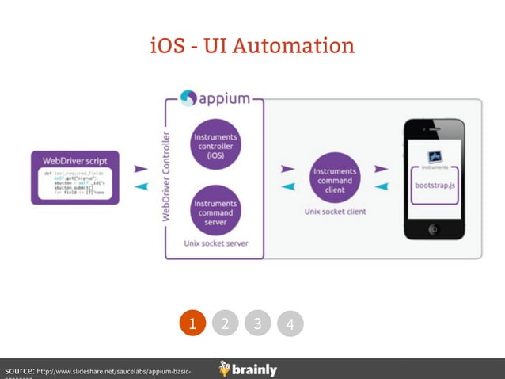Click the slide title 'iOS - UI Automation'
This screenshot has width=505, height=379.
pos(252,45)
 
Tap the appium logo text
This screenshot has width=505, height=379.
pos(224,99)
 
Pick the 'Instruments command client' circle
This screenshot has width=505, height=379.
pos(335,179)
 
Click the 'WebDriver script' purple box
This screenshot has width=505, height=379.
pos(75,177)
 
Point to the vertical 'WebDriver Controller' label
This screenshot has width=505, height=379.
pos(166,176)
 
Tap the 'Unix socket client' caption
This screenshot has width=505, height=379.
pos(335,212)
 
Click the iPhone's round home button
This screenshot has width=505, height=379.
pos(433,229)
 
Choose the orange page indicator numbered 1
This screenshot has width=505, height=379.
pos(192,323)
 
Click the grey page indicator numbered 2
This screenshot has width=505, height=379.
pos(225,323)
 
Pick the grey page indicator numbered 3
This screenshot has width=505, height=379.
pos(257,323)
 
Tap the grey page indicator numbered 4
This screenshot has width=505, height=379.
pos(290,323)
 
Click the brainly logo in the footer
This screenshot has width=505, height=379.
pos(248,369)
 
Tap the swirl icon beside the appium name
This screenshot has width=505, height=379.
pos(188,98)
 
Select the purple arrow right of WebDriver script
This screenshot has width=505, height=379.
pos(140,169)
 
